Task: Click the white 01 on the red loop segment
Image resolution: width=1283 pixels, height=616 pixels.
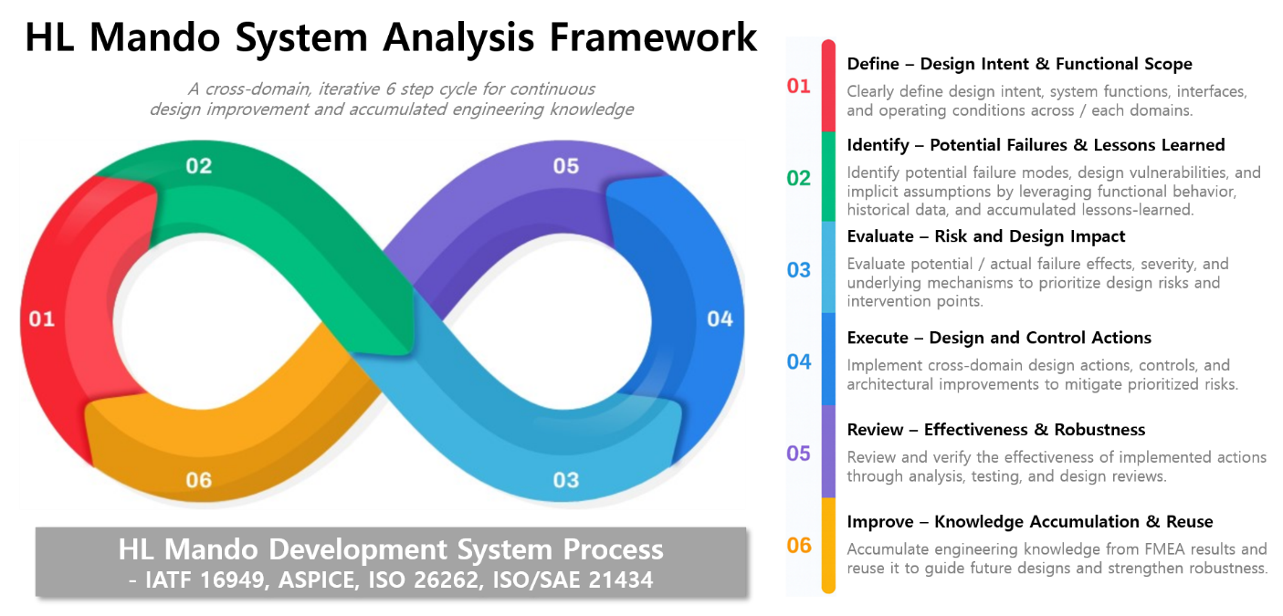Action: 42,318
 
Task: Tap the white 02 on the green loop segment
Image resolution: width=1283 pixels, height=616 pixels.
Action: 199,166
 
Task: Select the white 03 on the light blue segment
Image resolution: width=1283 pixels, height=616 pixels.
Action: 566,480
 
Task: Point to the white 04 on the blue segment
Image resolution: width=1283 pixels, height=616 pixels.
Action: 720,318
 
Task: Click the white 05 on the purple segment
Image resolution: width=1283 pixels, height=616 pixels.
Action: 566,166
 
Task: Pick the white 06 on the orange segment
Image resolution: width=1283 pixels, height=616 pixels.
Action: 199,480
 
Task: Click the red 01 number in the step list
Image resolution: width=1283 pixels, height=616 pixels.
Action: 798,86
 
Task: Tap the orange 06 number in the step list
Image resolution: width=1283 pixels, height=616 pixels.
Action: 798,545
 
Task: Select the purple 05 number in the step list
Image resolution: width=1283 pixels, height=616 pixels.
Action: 798,454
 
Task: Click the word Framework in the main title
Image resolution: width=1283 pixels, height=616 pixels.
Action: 653,37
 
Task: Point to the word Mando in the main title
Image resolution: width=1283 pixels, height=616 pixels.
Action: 154,37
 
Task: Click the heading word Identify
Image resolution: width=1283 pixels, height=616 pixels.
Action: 878,145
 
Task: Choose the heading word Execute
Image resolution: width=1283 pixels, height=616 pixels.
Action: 878,338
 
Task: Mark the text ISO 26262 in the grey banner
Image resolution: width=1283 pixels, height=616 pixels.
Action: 424,579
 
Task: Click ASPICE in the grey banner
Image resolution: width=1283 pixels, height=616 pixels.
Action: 319,579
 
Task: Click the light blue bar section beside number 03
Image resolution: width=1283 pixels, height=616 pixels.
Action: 828,267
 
